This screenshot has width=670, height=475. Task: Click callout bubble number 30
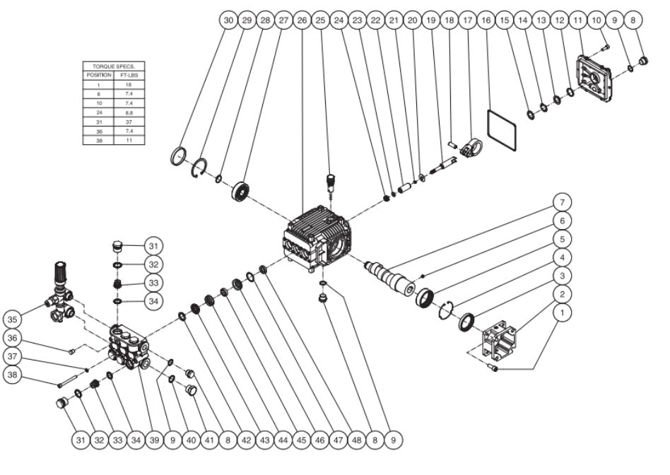228,21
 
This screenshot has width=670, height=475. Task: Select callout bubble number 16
486,21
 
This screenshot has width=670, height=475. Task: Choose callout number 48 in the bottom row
356,440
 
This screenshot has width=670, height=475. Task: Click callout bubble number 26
302,21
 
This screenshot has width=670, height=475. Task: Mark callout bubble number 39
154,440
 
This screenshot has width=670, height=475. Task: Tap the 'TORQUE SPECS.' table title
114,65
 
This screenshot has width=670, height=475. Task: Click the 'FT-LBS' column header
129,74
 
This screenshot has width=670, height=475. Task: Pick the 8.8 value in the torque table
129,113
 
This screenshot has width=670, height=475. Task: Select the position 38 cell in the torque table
99,141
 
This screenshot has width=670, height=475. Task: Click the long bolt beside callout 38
71,384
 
